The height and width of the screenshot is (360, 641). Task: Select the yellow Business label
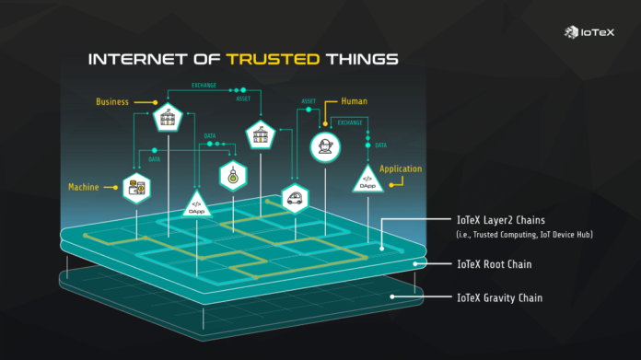[112, 101]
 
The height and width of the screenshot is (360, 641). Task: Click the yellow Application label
[400, 168]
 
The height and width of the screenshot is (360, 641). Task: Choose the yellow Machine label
[83, 187]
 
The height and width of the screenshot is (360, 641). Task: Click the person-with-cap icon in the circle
[322, 145]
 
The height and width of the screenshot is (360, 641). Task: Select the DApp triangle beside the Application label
[367, 178]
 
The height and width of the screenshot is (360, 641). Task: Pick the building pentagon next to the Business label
[168, 117]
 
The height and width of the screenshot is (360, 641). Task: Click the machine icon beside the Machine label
[137, 187]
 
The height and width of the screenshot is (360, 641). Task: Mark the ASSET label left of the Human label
[309, 101]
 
